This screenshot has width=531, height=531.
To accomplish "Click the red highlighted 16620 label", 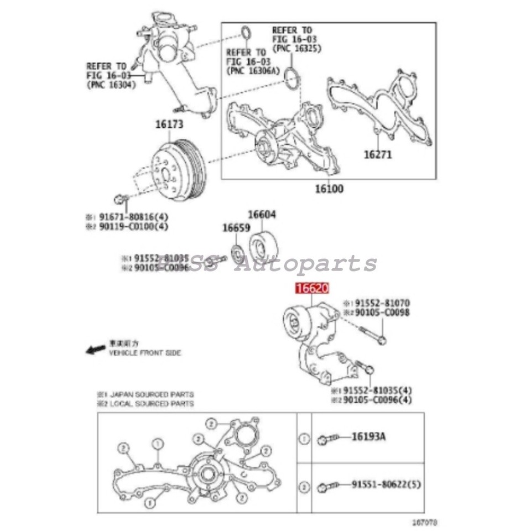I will click(x=313, y=288).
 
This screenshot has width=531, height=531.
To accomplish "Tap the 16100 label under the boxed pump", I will click(x=329, y=189).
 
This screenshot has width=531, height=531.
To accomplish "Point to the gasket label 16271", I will click(x=377, y=155).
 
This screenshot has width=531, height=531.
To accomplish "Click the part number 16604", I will click(x=262, y=215).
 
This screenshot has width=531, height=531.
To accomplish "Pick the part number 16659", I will click(x=236, y=227).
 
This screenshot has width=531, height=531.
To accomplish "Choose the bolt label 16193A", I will click(x=368, y=437).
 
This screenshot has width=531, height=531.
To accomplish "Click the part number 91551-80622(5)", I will click(x=386, y=485).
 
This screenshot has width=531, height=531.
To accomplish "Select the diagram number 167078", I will click(x=424, y=522).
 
